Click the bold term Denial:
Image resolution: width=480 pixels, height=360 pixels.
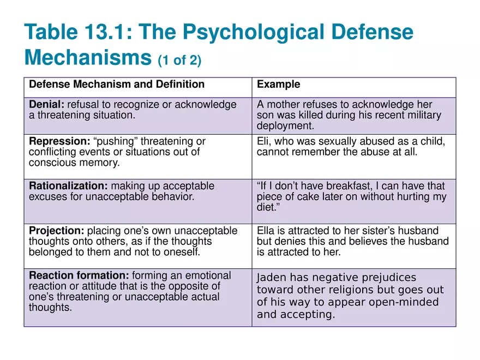point(46,104)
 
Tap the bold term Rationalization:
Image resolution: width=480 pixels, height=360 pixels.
point(67,186)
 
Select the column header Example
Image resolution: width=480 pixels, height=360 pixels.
point(278,85)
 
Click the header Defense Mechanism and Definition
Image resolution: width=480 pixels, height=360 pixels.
point(116,85)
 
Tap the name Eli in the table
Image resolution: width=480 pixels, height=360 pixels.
point(263,141)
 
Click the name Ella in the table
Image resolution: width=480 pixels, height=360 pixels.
point(265,231)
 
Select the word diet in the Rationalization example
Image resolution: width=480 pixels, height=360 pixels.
point(265,208)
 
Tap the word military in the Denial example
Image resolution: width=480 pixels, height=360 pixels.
point(424,115)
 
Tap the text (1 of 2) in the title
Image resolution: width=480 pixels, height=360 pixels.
point(179,60)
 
